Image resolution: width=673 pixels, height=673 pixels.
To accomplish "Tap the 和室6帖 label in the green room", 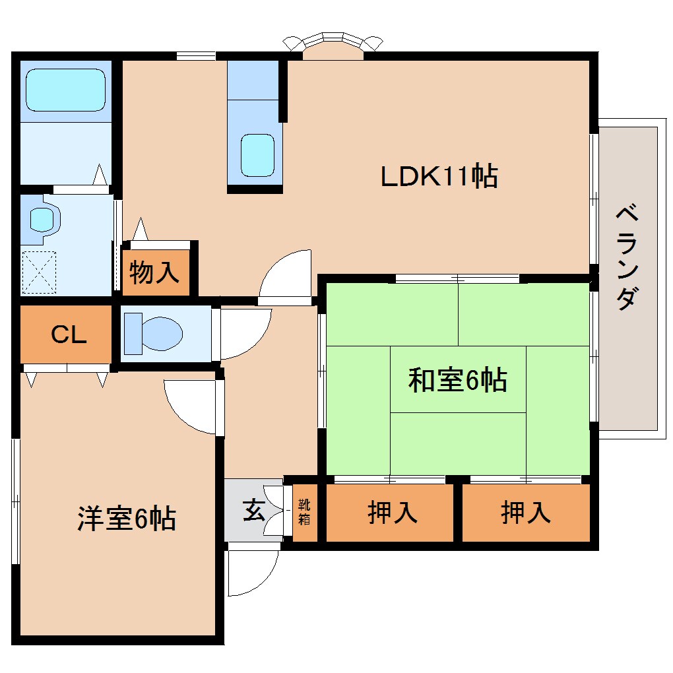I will coord(457,381).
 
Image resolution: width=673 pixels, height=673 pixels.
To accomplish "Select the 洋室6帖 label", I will coord(127,519).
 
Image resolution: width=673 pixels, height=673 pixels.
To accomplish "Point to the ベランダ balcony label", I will coord(627,258).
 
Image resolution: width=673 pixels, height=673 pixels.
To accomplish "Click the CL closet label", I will coord(69,335).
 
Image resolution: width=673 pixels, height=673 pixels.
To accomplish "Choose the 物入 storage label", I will coord(155,272).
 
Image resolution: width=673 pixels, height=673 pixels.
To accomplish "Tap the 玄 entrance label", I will coord(253,510).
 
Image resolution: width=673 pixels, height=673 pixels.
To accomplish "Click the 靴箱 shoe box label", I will coord(304,512).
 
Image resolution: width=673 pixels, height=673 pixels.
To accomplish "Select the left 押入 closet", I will coord(392,513).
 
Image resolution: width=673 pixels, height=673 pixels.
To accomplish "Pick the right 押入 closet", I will coord(526,513).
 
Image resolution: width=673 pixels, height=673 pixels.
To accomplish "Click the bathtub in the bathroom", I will coord(66,90).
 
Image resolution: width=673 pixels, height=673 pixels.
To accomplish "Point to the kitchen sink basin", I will coord(257,155).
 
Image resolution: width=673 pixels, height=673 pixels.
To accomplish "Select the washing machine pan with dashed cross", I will coord(41,272).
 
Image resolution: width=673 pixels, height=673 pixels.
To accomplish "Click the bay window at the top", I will coord(333,44).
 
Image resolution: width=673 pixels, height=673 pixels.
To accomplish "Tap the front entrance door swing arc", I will coord(253,571).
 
